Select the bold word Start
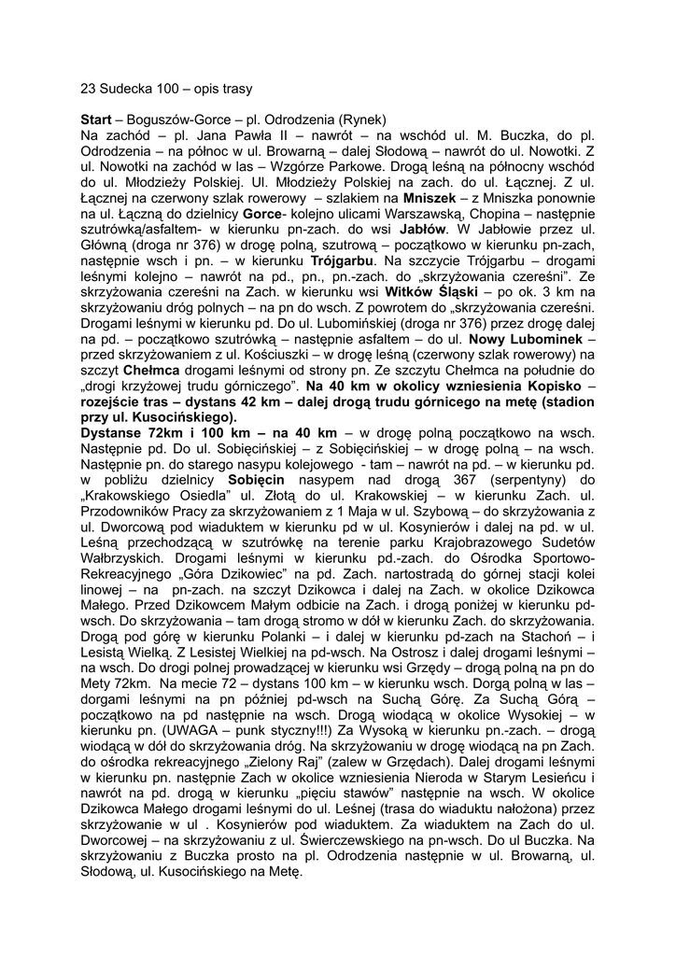[97, 119]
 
